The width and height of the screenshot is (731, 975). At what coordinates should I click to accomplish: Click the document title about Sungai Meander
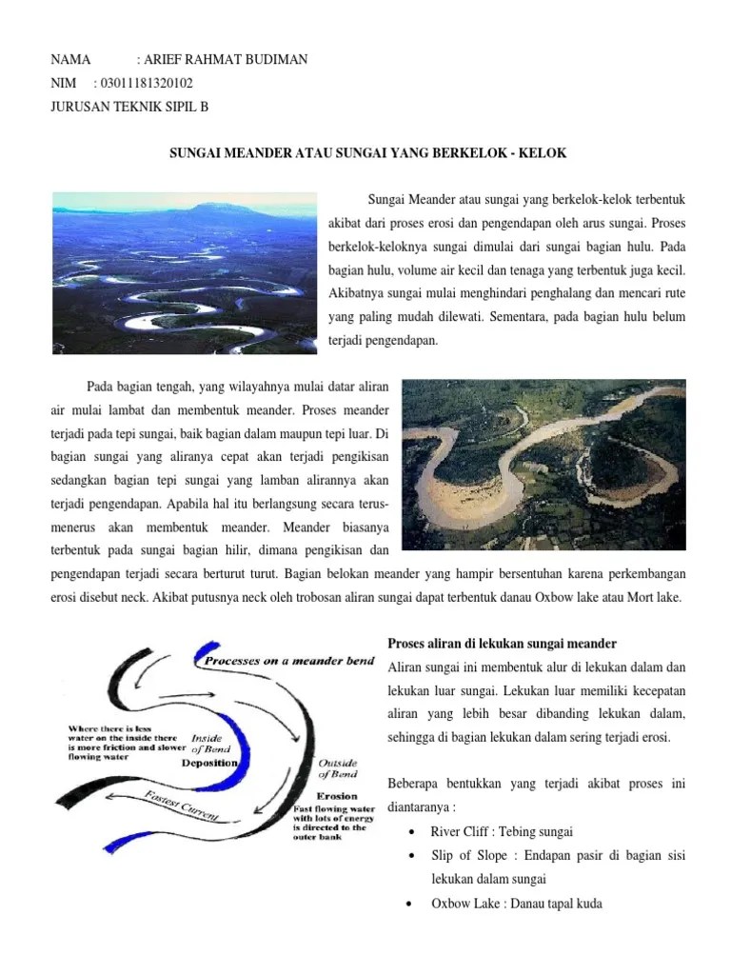[368, 152]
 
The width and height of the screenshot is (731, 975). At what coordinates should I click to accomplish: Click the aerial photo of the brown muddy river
[543, 465]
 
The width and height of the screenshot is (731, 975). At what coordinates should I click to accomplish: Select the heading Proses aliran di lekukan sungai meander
[503, 644]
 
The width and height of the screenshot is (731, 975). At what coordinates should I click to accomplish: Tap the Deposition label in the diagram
[210, 764]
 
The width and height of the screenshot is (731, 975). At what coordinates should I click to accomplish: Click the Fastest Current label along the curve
[182, 806]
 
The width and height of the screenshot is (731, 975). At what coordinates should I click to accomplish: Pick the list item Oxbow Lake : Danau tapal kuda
[516, 904]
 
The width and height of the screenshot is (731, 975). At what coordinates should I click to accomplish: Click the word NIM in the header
[63, 83]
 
